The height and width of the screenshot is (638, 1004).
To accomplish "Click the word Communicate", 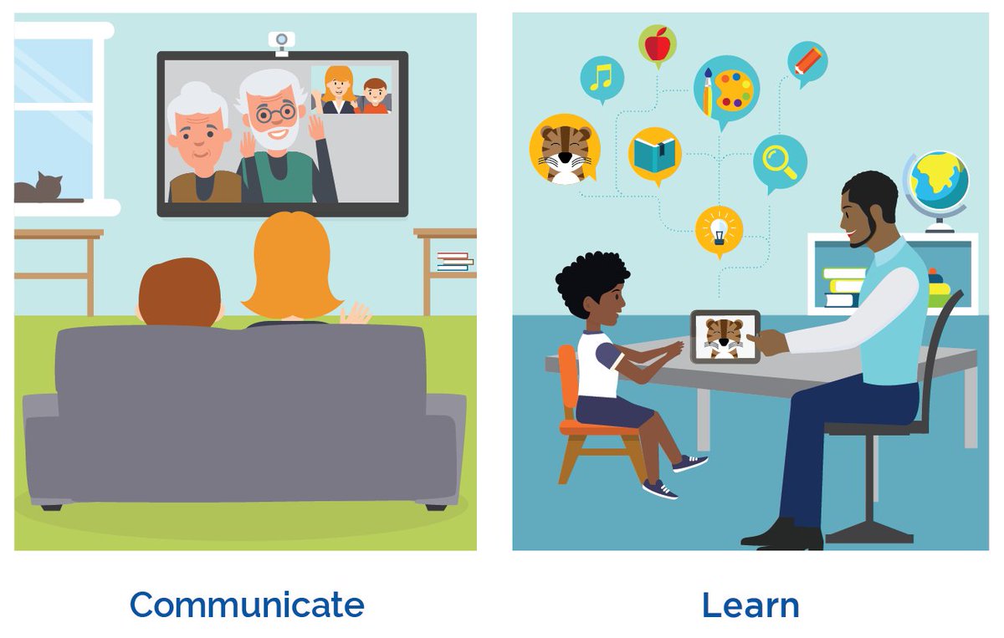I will point(247,605).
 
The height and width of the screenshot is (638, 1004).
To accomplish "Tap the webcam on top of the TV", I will point(281,41).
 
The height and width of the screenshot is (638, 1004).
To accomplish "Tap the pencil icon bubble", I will point(807,62).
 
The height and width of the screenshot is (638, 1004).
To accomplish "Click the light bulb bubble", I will point(719,229).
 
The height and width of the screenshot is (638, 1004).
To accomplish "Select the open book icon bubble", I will point(655,155).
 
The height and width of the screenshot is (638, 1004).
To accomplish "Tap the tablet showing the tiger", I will point(725,336).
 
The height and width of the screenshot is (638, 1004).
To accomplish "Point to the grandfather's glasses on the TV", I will point(275,111).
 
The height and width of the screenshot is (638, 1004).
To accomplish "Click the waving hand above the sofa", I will point(355,314).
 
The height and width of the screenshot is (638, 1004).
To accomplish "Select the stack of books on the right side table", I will point(454,261).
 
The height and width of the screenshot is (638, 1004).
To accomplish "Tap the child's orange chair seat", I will point(591,426).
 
